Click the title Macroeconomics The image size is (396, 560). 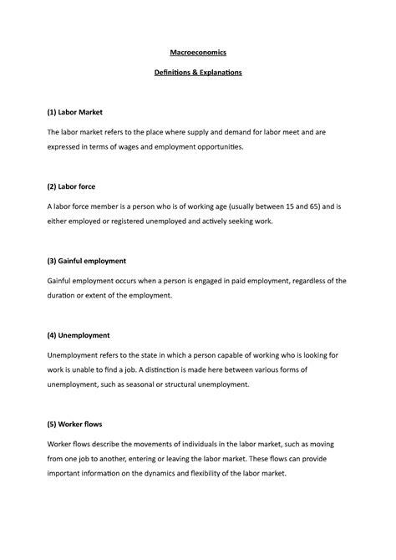point(198,53)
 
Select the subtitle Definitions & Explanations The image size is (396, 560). point(198,73)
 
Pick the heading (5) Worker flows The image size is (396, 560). point(79,423)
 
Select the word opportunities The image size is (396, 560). point(244,146)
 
